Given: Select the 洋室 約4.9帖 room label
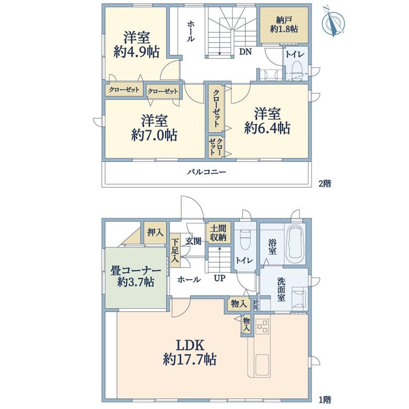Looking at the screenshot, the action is click(x=136, y=44).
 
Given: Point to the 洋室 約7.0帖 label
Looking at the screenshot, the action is click(x=154, y=128).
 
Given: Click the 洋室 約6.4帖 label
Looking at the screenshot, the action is click(x=267, y=121).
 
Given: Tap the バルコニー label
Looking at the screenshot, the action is click(x=206, y=172).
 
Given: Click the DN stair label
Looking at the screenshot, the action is click(x=245, y=52).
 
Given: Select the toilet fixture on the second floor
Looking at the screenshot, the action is click(x=297, y=70).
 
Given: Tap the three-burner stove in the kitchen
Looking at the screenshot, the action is click(x=262, y=326).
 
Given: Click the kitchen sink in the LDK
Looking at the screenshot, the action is click(x=262, y=365).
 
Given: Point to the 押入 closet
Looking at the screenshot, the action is click(x=155, y=233).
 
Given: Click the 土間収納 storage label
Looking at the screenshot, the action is click(x=218, y=233).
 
